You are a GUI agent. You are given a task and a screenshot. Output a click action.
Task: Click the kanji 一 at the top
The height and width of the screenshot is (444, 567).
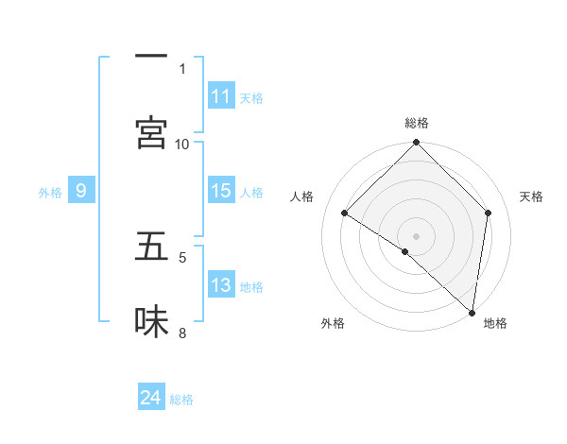pos(151,57)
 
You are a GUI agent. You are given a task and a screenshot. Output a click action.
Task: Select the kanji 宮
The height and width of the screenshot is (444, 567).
pos(151,132)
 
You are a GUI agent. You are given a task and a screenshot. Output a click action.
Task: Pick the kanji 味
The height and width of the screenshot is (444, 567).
pos(151,321)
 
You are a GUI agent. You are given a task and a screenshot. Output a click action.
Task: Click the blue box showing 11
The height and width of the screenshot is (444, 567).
pos(221,96)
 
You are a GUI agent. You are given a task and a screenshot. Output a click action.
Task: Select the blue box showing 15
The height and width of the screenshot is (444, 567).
pos(221,191)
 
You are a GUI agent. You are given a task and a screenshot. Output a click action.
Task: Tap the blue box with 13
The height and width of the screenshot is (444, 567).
pos(221,285)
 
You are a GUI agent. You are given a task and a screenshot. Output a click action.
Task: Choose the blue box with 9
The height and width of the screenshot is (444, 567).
pos(81,191)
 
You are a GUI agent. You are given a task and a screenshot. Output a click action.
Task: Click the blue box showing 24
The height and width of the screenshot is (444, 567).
pos(151,398)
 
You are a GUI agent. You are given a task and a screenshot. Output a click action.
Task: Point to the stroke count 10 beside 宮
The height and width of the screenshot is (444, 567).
pos(182,144)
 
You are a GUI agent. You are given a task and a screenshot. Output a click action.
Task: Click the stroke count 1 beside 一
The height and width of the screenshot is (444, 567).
pos(182,68)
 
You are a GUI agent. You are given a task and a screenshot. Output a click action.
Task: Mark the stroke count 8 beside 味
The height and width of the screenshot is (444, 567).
pos(182,333)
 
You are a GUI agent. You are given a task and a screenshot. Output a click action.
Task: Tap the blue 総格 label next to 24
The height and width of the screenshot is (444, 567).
pos(181,400)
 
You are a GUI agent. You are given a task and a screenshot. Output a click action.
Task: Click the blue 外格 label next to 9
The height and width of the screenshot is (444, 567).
pos(50,193)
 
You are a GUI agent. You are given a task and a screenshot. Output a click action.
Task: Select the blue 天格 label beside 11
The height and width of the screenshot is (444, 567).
pos(251,98)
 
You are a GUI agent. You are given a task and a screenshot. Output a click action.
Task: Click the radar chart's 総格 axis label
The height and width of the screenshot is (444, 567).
pos(417,123)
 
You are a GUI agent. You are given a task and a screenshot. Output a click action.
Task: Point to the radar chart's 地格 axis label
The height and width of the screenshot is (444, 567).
pos(495,323)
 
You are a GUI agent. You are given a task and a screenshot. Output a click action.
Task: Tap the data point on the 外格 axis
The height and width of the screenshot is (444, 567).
pos(405,251)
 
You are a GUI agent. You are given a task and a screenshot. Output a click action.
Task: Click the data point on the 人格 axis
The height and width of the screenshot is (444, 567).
pos(345,213)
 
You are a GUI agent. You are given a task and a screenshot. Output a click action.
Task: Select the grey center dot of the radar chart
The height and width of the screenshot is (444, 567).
pos(417,236)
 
